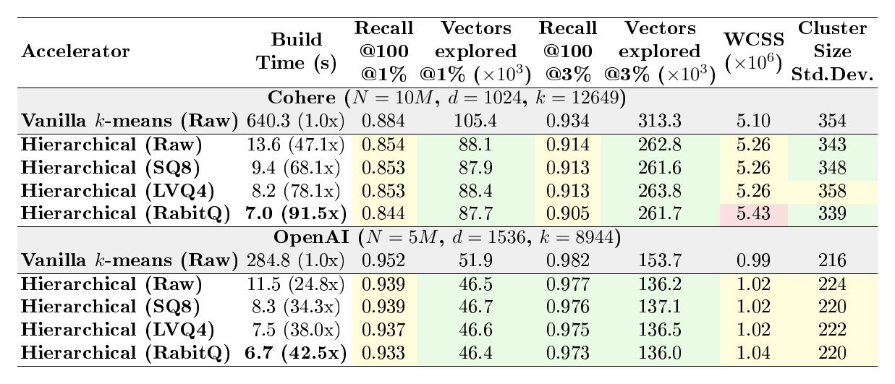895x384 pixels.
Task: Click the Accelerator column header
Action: pyautogui.click(x=75, y=51)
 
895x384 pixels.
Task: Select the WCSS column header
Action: pyautogui.click(x=754, y=51)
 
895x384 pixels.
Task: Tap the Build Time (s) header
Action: pyautogui.click(x=296, y=51)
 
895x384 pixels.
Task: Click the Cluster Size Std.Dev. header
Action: pyautogui.click(x=832, y=51)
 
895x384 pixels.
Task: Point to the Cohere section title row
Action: pyautogui.click(x=446, y=98)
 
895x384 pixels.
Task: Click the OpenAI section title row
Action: pyautogui.click(x=447, y=237)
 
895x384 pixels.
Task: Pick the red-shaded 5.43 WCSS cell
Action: pyautogui.click(x=754, y=213)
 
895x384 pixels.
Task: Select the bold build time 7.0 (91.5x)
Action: pyautogui.click(x=296, y=213)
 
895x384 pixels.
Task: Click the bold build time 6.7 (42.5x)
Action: pyautogui.click(x=296, y=353)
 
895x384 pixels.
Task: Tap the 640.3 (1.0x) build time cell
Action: pyautogui.click(x=296, y=121)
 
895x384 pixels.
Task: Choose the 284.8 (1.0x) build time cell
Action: pyautogui.click(x=296, y=260)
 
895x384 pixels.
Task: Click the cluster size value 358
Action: pyautogui.click(x=832, y=191)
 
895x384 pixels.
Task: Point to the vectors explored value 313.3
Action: pyautogui.click(x=660, y=121)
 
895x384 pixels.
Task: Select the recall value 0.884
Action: pyautogui.click(x=383, y=121)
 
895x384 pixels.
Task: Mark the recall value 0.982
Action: pyautogui.click(x=568, y=260)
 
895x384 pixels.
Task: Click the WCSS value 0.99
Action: pyautogui.click(x=754, y=260)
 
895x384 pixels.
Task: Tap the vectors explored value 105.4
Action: pyautogui.click(x=475, y=121)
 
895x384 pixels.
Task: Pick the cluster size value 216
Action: pyautogui.click(x=832, y=260)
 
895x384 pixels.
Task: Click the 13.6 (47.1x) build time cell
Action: pyautogui.click(x=296, y=145)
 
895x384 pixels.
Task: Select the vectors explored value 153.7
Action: pyautogui.click(x=660, y=260)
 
